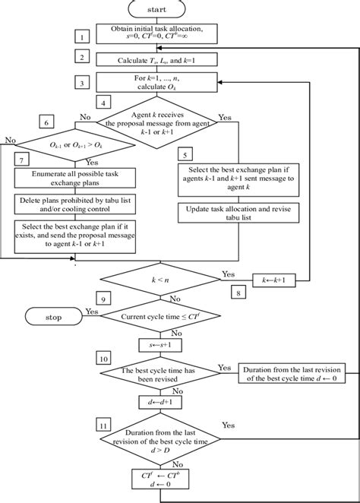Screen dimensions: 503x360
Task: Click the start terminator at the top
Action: pyautogui.click(x=158, y=10)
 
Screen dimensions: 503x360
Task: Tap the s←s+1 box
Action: pyautogui.click(x=157, y=344)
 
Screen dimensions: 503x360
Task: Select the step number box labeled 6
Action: pyautogui.click(x=48, y=122)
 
